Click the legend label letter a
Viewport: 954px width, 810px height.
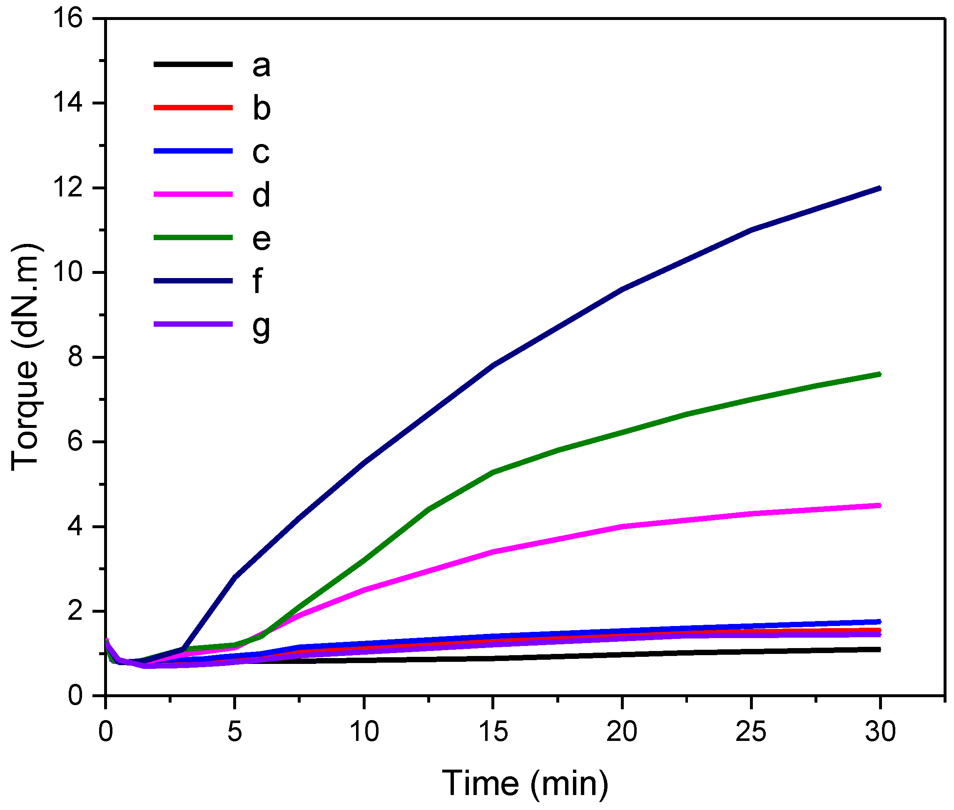(261, 66)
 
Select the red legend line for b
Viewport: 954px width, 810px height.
(193, 107)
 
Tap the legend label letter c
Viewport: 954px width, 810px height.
(260, 152)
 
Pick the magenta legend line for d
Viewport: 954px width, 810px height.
(193, 194)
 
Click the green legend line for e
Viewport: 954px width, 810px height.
(193, 237)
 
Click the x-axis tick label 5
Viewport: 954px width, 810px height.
(234, 731)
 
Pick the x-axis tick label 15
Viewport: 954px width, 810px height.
(493, 731)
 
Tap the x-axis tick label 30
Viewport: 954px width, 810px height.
(880, 731)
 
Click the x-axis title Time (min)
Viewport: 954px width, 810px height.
(525, 783)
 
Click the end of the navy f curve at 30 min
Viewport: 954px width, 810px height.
(879, 188)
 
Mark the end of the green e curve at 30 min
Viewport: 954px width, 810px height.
(879, 374)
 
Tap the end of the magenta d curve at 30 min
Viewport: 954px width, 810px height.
(879, 506)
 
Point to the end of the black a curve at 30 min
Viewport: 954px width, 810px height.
(879, 649)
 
